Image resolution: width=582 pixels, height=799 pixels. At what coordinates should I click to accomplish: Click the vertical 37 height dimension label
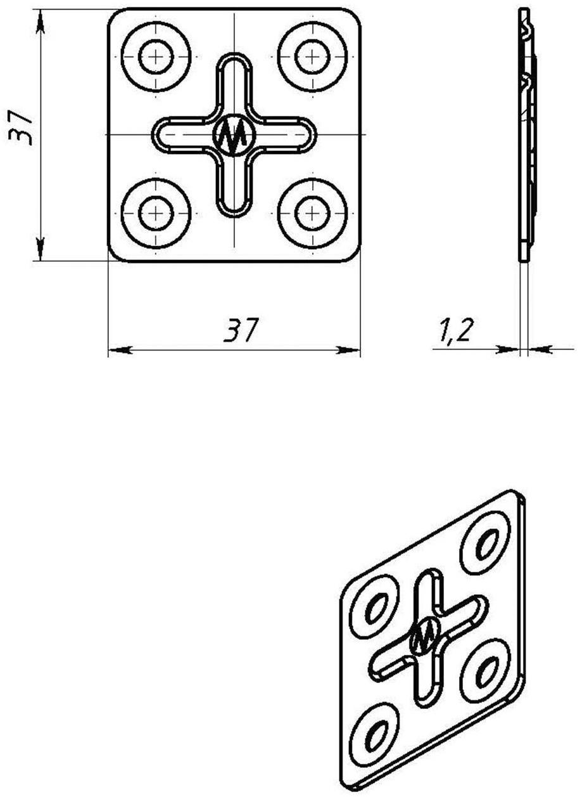click(20, 127)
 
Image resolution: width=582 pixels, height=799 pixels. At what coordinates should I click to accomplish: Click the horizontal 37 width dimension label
click(240, 330)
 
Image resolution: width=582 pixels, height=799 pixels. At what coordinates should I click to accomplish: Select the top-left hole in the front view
click(156, 56)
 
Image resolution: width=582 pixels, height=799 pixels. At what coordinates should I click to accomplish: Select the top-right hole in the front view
click(312, 56)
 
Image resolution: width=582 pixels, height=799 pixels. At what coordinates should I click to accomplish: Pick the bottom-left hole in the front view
click(156, 213)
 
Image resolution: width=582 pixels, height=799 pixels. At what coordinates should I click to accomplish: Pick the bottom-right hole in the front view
click(312, 213)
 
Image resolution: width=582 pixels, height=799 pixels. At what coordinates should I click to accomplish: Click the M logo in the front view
click(234, 134)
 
